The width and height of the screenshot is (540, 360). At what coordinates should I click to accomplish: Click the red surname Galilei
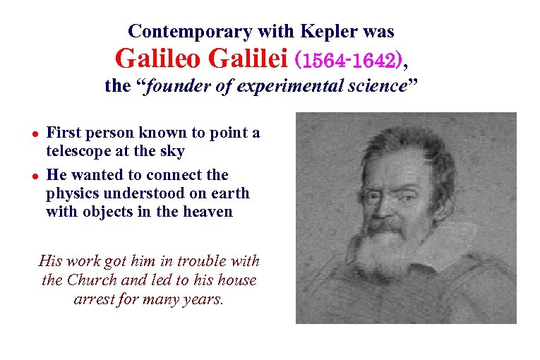(244, 59)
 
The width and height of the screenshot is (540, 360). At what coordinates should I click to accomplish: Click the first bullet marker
(32, 133)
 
